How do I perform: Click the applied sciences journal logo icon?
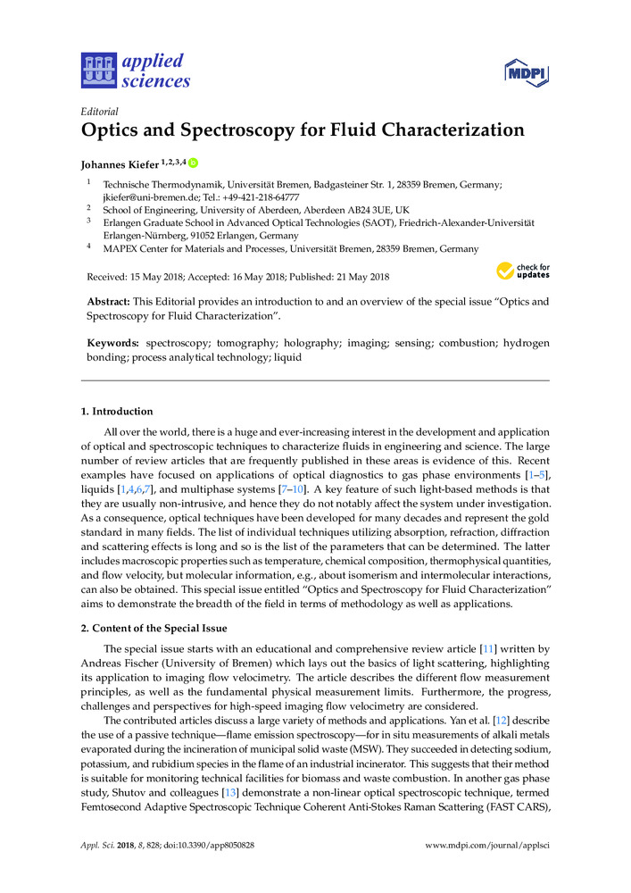(x=98, y=71)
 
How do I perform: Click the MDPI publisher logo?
(x=525, y=72)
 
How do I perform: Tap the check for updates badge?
(x=523, y=270)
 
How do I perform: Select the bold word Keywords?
(x=112, y=343)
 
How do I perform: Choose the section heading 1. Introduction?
(x=117, y=412)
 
